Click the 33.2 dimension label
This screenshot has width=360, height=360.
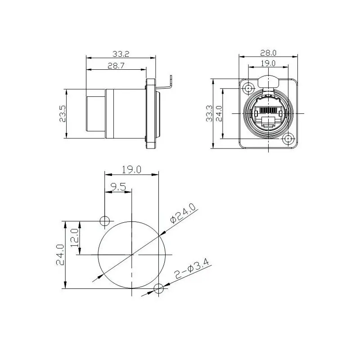point(121,54)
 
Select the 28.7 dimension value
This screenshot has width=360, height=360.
point(116,65)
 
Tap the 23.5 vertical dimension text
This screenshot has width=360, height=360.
point(63,114)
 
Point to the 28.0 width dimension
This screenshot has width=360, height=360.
point(269,53)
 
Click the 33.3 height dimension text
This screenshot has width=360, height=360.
point(208,114)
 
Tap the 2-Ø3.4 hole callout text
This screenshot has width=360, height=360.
point(190,271)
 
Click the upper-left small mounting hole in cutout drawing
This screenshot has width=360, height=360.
point(104,220)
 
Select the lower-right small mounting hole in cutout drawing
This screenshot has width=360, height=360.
point(158,288)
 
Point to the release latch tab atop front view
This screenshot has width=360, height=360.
point(269,81)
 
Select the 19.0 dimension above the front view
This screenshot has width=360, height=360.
point(269,64)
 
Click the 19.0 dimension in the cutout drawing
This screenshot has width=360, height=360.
point(131,169)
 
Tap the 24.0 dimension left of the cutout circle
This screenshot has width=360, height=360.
point(60,255)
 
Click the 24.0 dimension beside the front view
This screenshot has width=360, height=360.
point(220,114)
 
